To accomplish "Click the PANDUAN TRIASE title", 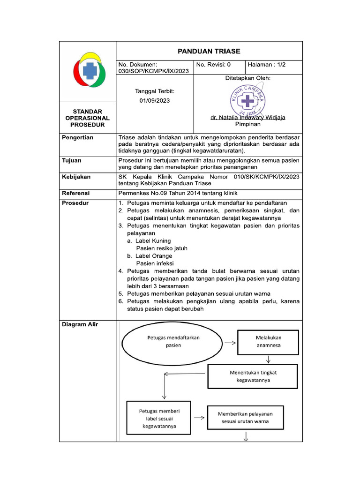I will (x=209, y=51).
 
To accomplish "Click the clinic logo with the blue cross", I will (x=88, y=71).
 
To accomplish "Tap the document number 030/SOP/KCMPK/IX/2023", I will (x=153, y=71).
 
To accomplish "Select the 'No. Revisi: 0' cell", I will (x=213, y=65).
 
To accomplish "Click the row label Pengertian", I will (x=78, y=137).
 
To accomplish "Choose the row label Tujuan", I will (x=72, y=160).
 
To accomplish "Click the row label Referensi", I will (x=76, y=193).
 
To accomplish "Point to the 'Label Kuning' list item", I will (x=150, y=240).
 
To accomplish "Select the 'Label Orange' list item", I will (x=151, y=256).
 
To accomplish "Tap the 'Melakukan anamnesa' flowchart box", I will (x=268, y=342).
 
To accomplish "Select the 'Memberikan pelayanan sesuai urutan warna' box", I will (x=245, y=418).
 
